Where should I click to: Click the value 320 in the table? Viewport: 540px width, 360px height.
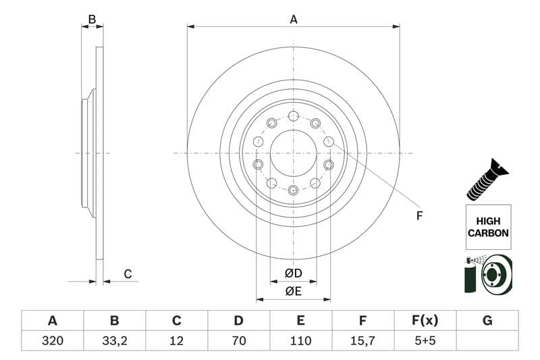click(52, 340)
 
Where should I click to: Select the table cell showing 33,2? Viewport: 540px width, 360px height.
click(114, 340)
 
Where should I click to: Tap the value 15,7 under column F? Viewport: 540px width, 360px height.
click(362, 340)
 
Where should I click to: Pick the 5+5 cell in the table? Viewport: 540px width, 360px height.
click(425, 340)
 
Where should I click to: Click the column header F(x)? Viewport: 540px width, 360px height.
click(425, 320)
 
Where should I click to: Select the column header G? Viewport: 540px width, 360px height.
click(487, 320)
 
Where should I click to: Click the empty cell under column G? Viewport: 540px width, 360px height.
click(487, 340)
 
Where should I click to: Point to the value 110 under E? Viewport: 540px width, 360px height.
click(300, 340)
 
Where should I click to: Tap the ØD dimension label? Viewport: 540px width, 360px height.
click(293, 273)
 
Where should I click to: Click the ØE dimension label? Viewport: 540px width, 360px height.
click(293, 292)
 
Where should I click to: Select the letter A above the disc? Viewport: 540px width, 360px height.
click(294, 20)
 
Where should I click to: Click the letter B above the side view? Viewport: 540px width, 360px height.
click(92, 20)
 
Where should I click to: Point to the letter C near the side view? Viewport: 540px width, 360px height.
click(127, 274)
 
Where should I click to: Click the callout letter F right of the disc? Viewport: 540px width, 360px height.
click(419, 216)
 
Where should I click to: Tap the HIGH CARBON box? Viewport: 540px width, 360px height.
click(487, 227)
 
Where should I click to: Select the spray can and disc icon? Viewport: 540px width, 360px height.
click(487, 274)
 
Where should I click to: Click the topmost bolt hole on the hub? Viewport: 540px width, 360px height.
click(293, 116)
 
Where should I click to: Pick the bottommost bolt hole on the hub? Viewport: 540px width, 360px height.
click(293, 190)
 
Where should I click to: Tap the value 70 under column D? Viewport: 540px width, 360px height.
click(238, 340)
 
